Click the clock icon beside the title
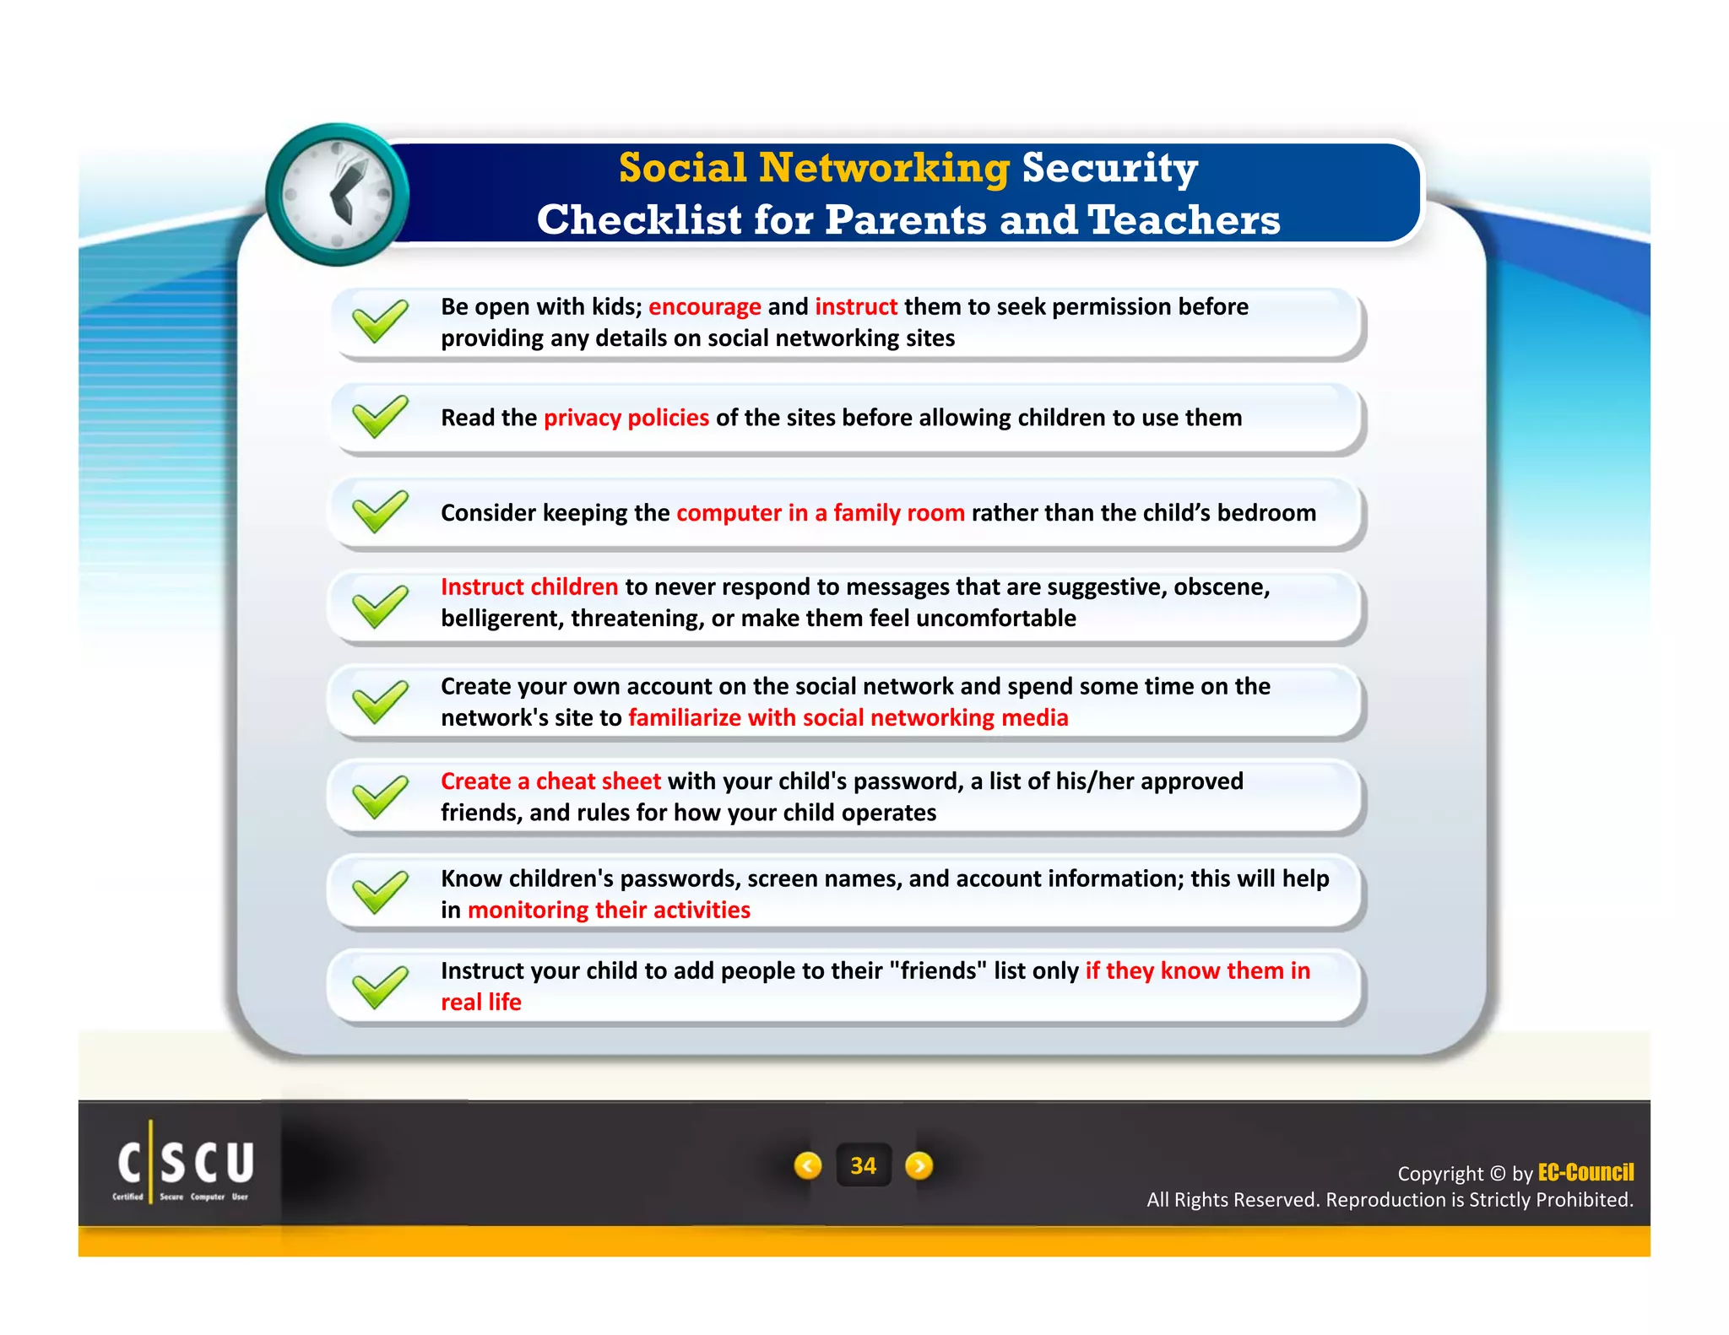pyautogui.click(x=337, y=195)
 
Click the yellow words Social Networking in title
pyautogui.click(x=813, y=167)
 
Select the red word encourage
pyautogui.click(x=704, y=306)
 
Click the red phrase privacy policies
pyautogui.click(x=626, y=418)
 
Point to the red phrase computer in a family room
pyautogui.click(x=820, y=513)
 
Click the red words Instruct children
pyautogui.click(x=528, y=586)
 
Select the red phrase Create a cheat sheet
pyautogui.click(x=550, y=781)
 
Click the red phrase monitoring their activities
pyautogui.click(x=609, y=910)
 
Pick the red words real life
pyautogui.click(x=481, y=1003)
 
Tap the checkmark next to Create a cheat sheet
pyautogui.click(x=380, y=797)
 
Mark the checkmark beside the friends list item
pyautogui.click(x=380, y=986)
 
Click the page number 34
pyautogui.click(x=863, y=1165)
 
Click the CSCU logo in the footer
pyautogui.click(x=185, y=1165)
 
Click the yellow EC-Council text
pyautogui.click(x=1585, y=1172)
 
